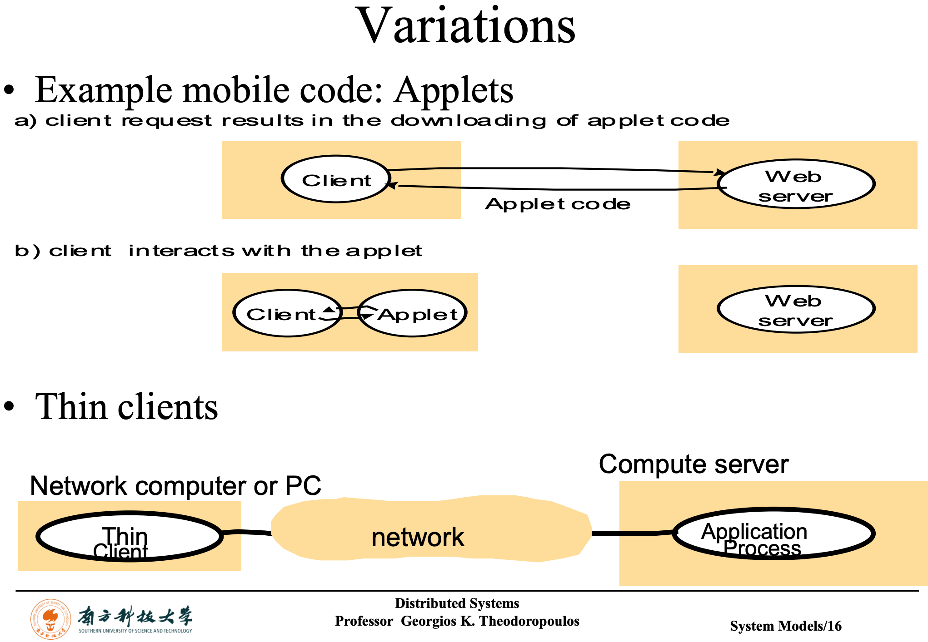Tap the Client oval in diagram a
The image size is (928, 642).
(336, 179)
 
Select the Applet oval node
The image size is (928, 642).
(413, 313)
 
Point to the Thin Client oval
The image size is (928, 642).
(130, 537)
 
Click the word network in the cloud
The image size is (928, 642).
(417, 538)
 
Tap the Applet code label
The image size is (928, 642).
(558, 204)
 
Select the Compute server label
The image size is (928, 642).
(694, 464)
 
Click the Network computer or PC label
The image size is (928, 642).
(175, 486)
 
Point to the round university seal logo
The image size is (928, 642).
(50, 619)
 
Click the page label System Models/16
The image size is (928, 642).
(785, 626)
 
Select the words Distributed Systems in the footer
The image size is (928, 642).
(457, 603)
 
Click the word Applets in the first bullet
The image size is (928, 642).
(454, 90)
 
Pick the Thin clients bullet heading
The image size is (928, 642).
(126, 407)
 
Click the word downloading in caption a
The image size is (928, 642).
(468, 121)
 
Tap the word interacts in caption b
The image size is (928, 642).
(181, 251)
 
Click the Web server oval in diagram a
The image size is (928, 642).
(796, 184)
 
